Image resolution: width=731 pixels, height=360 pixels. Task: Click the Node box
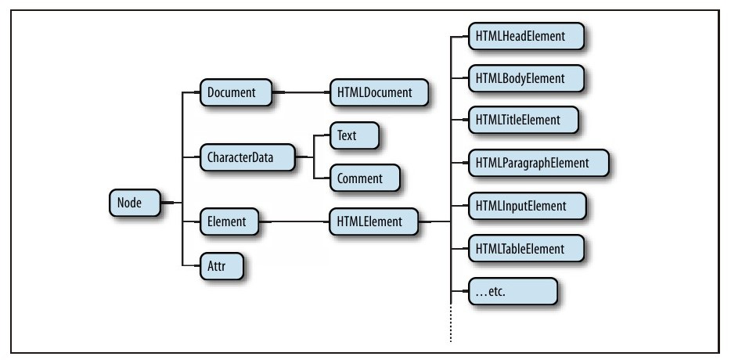134,203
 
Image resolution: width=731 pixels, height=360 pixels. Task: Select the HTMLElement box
371,221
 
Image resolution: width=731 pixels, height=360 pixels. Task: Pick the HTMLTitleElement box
519,120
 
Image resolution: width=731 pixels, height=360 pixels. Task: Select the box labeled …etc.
511,290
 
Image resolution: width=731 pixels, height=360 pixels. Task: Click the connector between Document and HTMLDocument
301,92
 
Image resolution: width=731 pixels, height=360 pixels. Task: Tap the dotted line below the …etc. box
452,325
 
